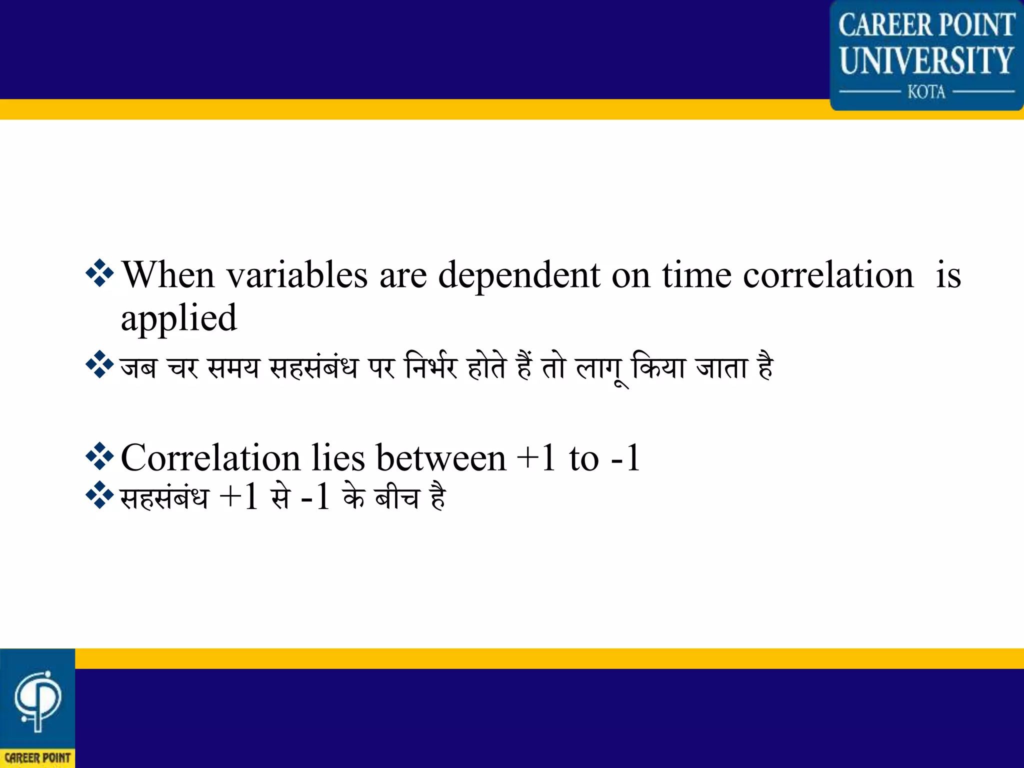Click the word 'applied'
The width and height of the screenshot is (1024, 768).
click(178, 319)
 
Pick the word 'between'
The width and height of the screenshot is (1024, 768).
click(440, 457)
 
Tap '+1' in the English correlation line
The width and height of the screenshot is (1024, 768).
click(536, 457)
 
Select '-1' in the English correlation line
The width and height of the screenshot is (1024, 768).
click(625, 457)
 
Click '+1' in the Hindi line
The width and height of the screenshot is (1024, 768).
click(239, 497)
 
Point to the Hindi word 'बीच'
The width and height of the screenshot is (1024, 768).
click(397, 497)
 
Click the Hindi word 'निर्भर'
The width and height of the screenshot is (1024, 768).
click(431, 367)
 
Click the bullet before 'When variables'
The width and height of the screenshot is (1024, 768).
click(100, 273)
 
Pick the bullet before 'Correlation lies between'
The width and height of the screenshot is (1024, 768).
click(100, 456)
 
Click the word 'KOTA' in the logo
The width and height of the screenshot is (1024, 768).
click(926, 92)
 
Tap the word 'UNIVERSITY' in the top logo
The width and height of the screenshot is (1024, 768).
click(926, 60)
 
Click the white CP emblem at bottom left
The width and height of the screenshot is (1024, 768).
click(37, 700)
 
